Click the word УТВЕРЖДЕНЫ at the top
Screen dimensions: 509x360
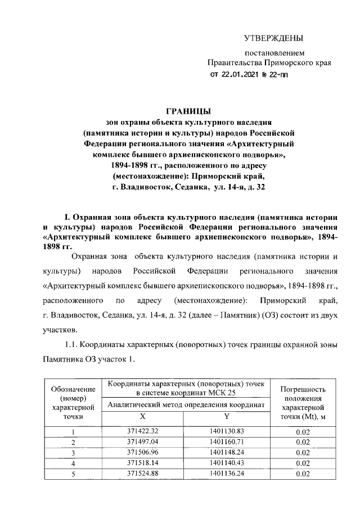(x=273, y=38)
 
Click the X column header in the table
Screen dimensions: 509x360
(x=142, y=416)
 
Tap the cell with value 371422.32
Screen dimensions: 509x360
(x=142, y=431)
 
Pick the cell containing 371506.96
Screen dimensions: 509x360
(x=142, y=452)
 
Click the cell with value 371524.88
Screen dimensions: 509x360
(x=142, y=474)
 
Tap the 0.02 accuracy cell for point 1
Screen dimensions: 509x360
(x=303, y=431)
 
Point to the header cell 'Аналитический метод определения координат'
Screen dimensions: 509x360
(x=185, y=404)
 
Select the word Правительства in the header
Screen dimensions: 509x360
(x=231, y=63)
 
